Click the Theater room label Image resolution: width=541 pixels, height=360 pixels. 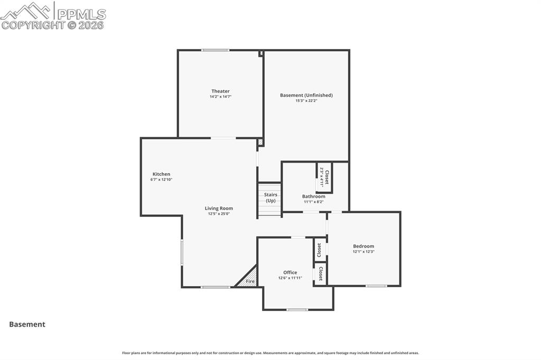point(220,91)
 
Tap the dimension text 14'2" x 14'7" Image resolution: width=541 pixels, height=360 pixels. point(220,97)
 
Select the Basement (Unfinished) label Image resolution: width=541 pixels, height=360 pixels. point(306,95)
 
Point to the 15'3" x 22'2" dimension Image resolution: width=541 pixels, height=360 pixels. point(306,100)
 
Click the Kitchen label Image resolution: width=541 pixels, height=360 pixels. point(161,174)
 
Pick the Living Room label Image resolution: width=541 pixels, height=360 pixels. point(219,209)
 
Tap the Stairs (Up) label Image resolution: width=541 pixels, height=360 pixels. point(270,197)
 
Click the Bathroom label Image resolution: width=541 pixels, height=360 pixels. point(313,196)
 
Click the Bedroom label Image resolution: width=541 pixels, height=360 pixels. point(363,246)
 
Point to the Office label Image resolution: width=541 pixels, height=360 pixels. point(290,272)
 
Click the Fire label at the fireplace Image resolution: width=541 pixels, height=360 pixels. point(250,282)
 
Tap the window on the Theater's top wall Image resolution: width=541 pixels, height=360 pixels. point(215,50)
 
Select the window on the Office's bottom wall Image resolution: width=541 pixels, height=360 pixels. point(297,309)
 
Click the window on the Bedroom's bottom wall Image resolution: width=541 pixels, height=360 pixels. point(376,286)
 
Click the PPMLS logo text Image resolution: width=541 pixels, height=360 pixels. point(81,14)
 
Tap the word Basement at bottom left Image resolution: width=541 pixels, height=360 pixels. point(27,325)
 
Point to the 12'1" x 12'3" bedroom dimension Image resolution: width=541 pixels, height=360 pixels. point(363,252)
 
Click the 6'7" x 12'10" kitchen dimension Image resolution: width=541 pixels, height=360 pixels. point(161,179)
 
